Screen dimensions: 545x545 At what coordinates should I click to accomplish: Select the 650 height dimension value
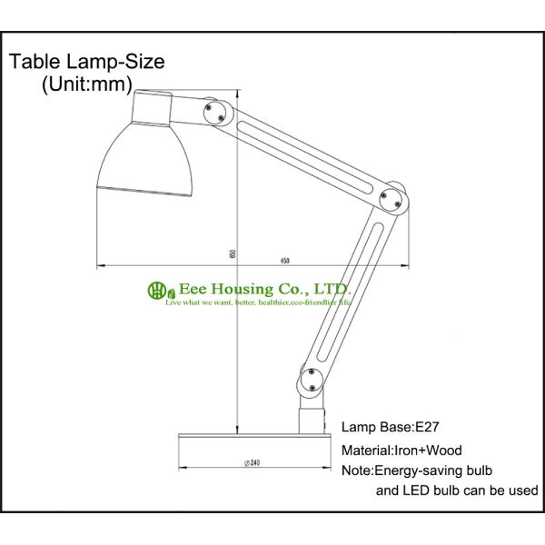coord(233,254)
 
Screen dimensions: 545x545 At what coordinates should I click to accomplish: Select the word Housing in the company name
coord(242,288)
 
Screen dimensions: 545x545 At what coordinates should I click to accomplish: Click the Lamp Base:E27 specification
coord(391,426)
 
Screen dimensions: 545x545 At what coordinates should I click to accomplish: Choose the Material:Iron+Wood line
coord(401,450)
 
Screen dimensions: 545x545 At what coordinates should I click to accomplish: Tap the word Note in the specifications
coord(357,471)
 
